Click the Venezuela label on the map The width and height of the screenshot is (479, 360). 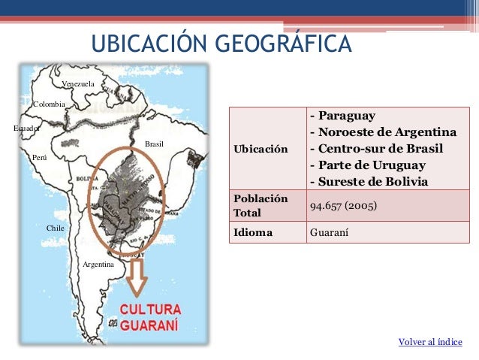pos(78,83)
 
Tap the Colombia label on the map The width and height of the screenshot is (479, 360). pos(50,103)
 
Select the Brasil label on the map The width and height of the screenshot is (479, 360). pos(154,143)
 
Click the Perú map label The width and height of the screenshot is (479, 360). pos(40,157)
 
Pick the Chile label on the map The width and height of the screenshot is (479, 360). pos(55,226)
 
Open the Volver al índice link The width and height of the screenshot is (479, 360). pos(430,343)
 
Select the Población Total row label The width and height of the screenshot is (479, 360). pos(260,206)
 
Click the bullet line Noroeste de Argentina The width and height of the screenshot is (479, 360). pos(383,132)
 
